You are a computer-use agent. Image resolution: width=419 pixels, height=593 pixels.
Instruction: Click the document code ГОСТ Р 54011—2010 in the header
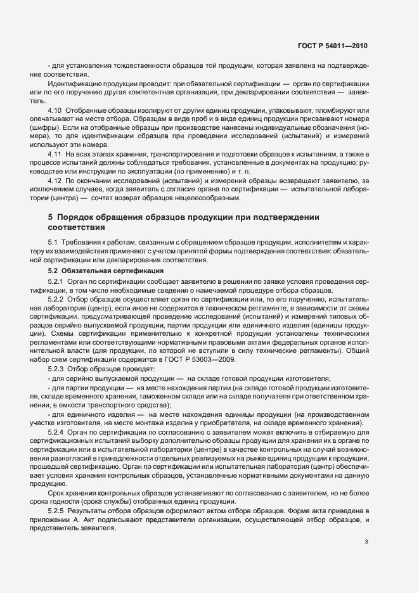[x=332, y=46]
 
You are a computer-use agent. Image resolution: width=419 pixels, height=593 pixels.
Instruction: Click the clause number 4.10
[x=55, y=109]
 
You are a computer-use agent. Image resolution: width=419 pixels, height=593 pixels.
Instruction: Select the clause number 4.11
[x=55, y=154]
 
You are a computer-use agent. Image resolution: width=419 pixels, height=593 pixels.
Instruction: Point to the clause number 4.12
[x=55, y=181]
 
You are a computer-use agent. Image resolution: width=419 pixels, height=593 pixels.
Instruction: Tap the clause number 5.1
[x=53, y=243]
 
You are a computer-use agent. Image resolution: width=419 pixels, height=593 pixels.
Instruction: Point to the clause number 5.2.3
[x=56, y=369]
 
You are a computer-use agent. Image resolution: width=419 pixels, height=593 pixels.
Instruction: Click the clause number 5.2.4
[x=56, y=431]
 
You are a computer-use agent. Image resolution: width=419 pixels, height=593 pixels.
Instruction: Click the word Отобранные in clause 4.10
[x=87, y=109]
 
